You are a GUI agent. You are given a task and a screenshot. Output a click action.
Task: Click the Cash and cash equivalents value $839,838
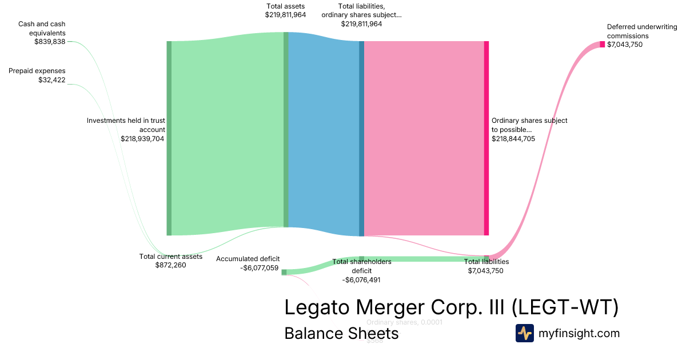point(50,42)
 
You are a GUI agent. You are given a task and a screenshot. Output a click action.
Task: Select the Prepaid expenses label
point(37,71)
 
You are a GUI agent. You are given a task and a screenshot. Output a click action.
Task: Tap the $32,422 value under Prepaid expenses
point(51,80)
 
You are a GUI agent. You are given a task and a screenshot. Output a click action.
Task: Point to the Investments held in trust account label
point(126,125)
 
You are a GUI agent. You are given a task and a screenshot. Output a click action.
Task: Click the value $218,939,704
point(142,138)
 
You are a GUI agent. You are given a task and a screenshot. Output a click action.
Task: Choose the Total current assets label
point(171,257)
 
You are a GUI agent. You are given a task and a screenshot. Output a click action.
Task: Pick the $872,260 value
point(171,265)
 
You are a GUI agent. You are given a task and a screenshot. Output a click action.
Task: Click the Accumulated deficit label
point(248,259)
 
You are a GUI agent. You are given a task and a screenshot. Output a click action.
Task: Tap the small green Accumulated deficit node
point(284,272)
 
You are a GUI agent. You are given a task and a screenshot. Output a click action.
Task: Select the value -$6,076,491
point(361,280)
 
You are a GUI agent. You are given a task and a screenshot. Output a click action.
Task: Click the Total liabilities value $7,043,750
point(485,271)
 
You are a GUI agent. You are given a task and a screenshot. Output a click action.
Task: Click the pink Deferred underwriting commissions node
point(602,45)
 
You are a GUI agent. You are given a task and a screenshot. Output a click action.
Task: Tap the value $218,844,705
point(513,138)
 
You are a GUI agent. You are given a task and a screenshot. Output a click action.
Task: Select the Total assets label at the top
point(285,6)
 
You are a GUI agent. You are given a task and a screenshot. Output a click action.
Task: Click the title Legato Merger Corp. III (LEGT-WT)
point(452,307)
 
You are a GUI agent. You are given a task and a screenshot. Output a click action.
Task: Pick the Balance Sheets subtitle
point(341,334)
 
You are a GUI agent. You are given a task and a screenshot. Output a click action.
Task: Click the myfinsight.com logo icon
point(525,333)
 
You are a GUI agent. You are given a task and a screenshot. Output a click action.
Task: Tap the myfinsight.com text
point(579,333)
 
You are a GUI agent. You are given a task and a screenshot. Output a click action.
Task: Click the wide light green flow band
point(228,137)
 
